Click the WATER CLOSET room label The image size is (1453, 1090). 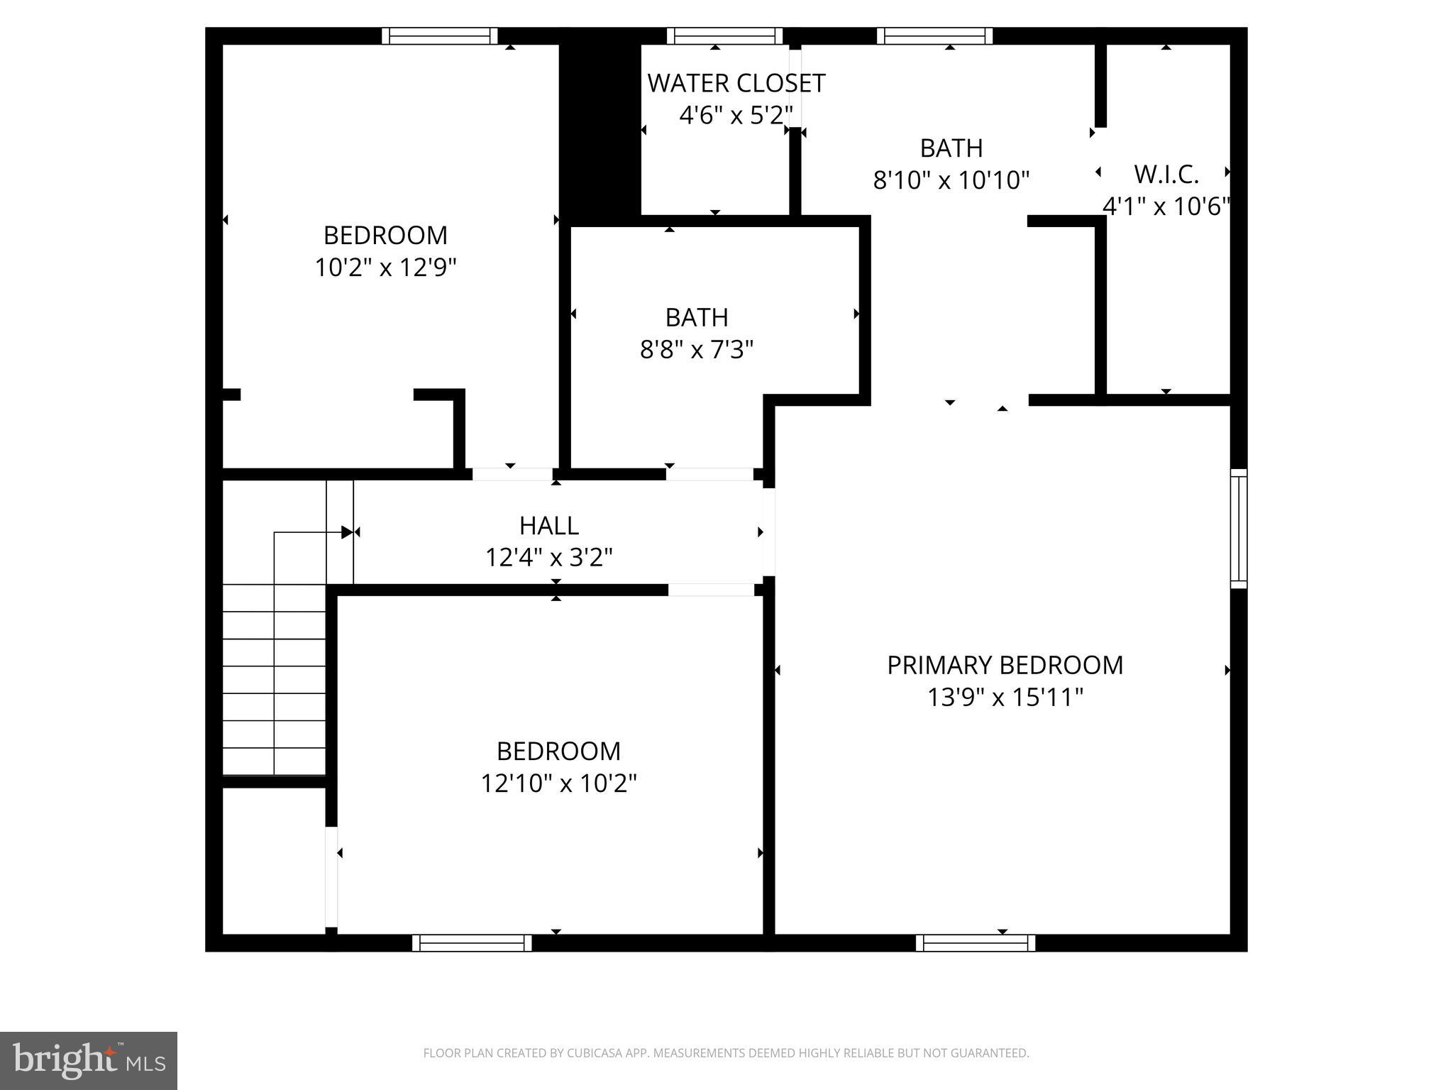pyautogui.click(x=736, y=84)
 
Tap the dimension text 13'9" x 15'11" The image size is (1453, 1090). pyautogui.click(x=1005, y=698)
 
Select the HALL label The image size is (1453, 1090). pyautogui.click(x=548, y=526)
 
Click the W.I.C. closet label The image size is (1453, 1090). pyautogui.click(x=1166, y=174)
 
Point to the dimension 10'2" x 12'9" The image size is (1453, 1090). pyautogui.click(x=385, y=268)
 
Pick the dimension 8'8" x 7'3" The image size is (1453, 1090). pyautogui.click(x=696, y=350)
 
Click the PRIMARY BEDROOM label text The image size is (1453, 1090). pyautogui.click(x=1005, y=665)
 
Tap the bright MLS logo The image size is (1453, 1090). pyautogui.click(x=89, y=1060)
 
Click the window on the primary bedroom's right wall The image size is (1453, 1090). pyautogui.click(x=1238, y=529)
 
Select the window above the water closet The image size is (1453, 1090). pyautogui.click(x=724, y=36)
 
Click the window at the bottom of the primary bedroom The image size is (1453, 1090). pyautogui.click(x=975, y=942)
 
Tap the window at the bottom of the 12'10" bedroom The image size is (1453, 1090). pyautogui.click(x=472, y=942)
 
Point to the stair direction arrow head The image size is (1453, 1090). pyautogui.click(x=347, y=532)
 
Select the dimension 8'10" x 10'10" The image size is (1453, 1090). pyautogui.click(x=951, y=180)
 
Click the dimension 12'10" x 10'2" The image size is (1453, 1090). pyautogui.click(x=558, y=783)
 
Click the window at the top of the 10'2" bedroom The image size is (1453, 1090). pyautogui.click(x=439, y=36)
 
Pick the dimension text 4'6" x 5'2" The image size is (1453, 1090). pyautogui.click(x=736, y=115)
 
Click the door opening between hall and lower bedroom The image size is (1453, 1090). pyautogui.click(x=711, y=590)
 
